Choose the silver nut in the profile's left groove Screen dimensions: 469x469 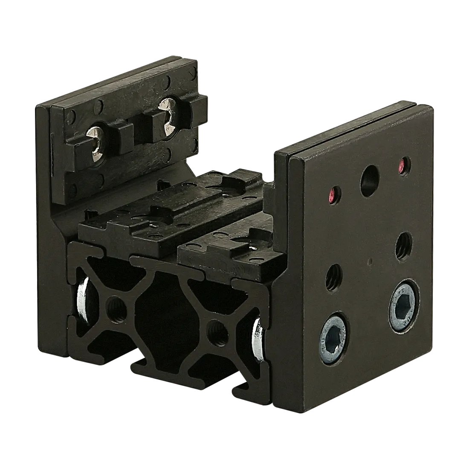point(82,301)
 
